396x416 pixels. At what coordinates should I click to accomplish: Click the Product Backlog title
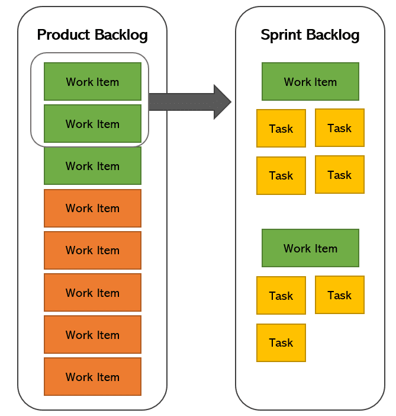point(92,35)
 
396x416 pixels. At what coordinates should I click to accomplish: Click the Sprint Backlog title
point(310,35)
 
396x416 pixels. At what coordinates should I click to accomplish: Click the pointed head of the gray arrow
point(221,102)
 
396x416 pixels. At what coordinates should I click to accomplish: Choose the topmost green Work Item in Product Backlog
point(92,82)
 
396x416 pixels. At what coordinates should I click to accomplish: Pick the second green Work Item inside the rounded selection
point(92,124)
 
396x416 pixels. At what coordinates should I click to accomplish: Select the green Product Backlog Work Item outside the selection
point(92,166)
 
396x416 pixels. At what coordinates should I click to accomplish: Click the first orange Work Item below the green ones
point(92,208)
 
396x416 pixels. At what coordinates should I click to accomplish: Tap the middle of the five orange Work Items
point(92,292)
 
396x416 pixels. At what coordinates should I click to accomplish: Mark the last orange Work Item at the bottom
point(92,376)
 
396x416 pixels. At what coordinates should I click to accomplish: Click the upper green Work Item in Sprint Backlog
point(310,82)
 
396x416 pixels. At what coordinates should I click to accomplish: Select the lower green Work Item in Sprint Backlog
point(310,248)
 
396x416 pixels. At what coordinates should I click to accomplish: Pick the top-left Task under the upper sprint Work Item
point(281,128)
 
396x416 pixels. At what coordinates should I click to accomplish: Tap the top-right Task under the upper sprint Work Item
point(339,127)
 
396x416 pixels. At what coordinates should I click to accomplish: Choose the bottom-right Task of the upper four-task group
point(339,174)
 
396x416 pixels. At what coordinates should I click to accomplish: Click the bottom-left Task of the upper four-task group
point(281,175)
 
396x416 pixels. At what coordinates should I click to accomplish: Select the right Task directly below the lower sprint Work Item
point(339,295)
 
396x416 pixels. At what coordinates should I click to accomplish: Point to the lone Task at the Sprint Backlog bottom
point(281,343)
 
